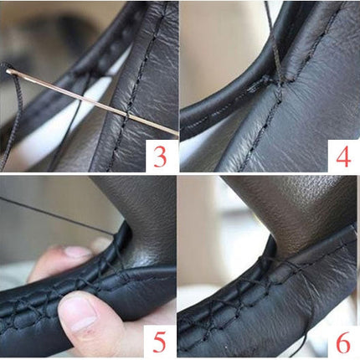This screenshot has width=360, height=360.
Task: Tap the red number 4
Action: (x=343, y=156)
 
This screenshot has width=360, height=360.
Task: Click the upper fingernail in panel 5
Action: (x=77, y=252)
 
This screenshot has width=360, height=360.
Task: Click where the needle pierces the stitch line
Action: (x=127, y=116)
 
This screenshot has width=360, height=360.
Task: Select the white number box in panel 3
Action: (x=162, y=156)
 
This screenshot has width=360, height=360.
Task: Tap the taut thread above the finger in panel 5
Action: (x=57, y=216)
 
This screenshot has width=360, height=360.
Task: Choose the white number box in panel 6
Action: (x=343, y=341)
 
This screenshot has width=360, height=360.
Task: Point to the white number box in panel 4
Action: (x=344, y=156)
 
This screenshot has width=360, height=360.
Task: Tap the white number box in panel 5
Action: (x=160, y=341)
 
